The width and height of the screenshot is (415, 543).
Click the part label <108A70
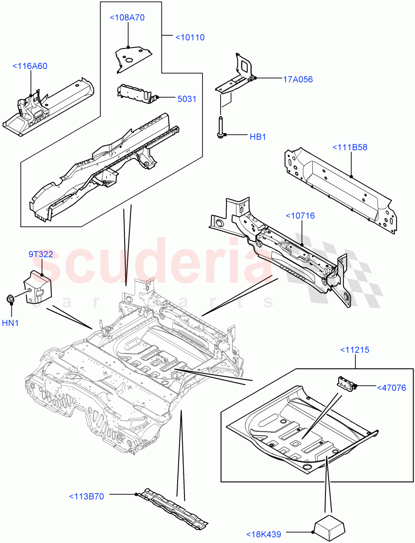(127, 18)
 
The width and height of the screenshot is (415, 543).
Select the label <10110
(190, 37)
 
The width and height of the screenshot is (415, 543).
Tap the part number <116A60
(30, 66)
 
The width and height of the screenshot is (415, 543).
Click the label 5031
(187, 99)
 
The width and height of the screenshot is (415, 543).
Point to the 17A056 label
(298, 80)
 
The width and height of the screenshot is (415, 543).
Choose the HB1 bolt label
(258, 137)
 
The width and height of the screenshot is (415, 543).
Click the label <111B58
(350, 147)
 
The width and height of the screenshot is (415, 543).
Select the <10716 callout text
(300, 216)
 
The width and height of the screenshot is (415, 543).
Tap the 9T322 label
(41, 254)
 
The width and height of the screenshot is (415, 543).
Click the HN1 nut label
(11, 323)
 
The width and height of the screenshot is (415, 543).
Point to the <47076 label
(391, 388)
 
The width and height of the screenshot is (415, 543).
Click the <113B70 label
(86, 496)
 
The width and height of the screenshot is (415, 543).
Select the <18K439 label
(264, 534)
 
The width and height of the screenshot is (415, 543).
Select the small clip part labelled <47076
(344, 382)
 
